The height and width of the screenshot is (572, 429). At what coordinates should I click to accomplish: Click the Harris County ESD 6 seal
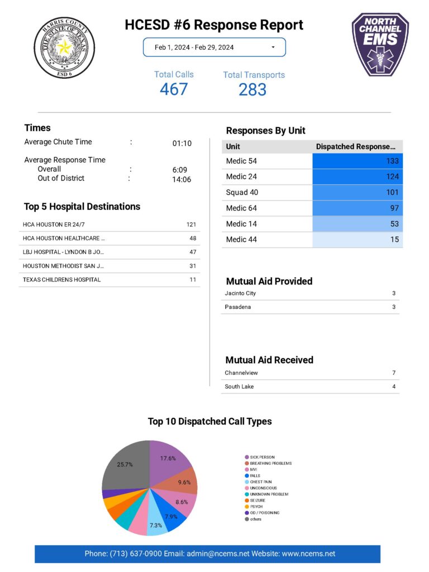pos(64,47)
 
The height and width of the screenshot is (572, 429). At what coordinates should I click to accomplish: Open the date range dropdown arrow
pos(273,47)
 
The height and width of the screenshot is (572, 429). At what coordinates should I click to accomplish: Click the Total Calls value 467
pos(174,89)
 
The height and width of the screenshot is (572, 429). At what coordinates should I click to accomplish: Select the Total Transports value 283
pos(252,89)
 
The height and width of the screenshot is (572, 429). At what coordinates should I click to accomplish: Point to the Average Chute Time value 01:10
pos(182,143)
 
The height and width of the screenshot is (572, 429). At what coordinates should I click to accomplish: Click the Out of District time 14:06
pos(182,179)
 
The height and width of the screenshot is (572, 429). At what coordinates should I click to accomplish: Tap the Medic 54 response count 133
pos(392,161)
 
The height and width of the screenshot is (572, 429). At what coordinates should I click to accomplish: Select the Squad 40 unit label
pos(242,192)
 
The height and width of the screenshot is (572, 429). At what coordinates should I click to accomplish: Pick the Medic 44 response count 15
pos(394,239)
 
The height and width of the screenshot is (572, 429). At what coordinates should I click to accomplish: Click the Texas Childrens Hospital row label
pos(62,279)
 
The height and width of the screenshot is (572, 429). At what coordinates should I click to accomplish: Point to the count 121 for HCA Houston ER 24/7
pos(191,224)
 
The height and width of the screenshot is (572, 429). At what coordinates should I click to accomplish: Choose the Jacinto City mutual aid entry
pos(240,293)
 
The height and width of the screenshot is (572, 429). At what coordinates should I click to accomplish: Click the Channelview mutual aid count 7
pos(394,373)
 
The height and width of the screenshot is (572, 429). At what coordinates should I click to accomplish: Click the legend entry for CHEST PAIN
pos(260,482)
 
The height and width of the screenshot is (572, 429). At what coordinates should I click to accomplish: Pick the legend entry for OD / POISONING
pos(264,513)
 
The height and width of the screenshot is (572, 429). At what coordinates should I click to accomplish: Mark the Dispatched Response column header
pos(356,146)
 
